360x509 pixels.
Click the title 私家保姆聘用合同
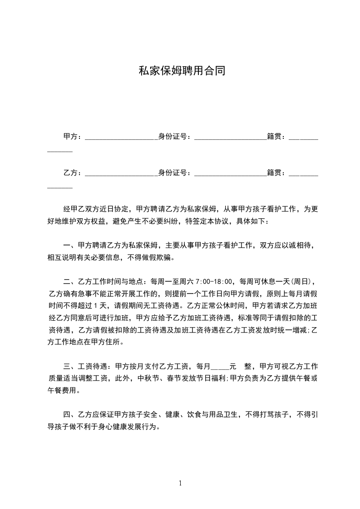coord(182,71)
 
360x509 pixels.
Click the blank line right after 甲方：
coord(120,137)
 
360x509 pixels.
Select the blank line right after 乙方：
coord(120,173)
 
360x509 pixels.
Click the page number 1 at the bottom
coord(180,483)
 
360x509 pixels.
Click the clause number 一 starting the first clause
coord(67,246)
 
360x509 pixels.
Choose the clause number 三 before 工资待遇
coord(67,367)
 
